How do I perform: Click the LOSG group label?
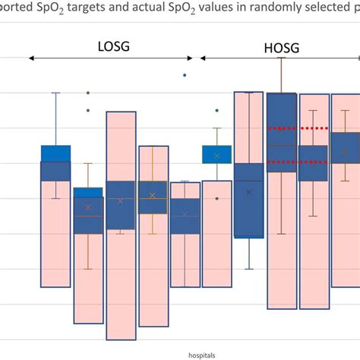(114, 46)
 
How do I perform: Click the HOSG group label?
(282, 48)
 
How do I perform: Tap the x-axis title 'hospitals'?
(202, 355)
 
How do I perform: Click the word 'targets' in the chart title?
(86, 8)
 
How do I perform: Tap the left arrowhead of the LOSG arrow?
(31, 58)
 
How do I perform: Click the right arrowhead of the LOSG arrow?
(190, 58)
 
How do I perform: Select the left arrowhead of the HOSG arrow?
(203, 58)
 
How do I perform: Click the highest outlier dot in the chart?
(185, 75)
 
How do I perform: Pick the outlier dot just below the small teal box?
(217, 198)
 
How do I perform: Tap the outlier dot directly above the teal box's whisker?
(217, 110)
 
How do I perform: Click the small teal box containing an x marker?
(216, 154)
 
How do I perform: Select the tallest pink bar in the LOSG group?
(121, 226)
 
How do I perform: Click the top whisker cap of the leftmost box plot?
(55, 93)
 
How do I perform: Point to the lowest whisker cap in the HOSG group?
(249, 269)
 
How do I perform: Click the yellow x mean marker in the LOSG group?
(152, 195)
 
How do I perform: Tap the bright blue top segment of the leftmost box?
(55, 153)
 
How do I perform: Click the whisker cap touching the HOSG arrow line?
(281, 58)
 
